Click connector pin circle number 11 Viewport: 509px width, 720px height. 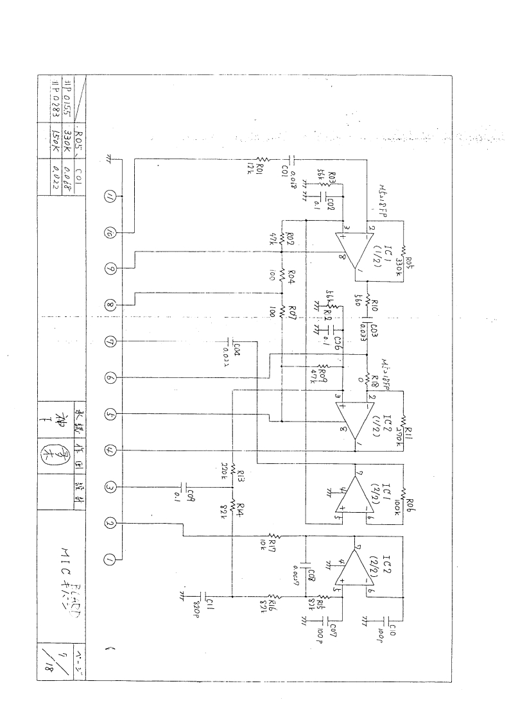tap(110, 197)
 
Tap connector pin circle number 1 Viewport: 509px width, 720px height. tap(110, 560)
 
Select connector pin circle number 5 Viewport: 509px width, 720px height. tap(110, 415)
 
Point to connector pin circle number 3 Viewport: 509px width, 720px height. tap(110, 488)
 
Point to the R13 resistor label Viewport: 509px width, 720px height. tap(240, 475)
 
